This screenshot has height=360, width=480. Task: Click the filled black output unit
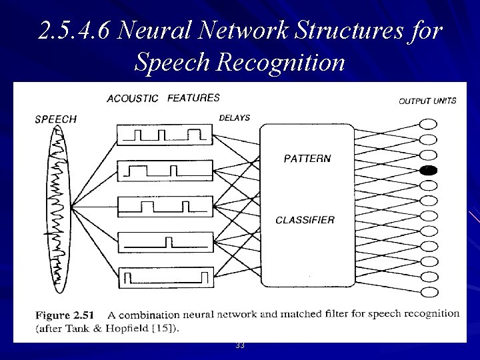point(428,170)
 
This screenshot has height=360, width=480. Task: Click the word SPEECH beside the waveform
point(56,119)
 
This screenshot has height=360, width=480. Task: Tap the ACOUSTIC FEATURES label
point(163,98)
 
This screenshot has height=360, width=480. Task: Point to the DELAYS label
point(234,118)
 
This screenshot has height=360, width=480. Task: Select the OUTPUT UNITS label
point(427,101)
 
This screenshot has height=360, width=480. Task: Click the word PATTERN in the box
point(307,159)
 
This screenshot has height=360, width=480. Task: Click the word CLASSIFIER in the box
point(305,219)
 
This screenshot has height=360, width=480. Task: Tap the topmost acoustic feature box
point(165,135)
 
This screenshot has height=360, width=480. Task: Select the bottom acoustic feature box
point(165,276)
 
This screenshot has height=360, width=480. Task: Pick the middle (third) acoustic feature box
point(165,205)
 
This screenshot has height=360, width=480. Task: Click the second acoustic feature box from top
point(165,171)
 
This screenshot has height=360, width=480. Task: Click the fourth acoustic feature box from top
point(165,241)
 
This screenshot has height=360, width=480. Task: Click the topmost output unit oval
point(428,124)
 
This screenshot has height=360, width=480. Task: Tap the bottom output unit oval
point(428,291)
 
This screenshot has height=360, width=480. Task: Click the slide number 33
point(239,345)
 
